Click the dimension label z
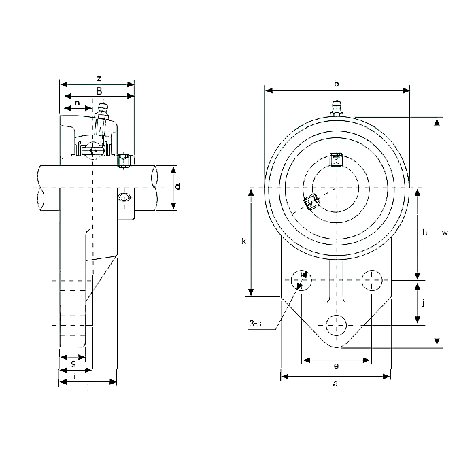point(99,78)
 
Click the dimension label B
point(99,91)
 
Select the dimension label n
point(78,103)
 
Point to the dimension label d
point(177,186)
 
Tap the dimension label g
point(73,364)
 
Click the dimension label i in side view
point(74,375)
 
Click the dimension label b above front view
point(337,83)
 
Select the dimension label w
point(445,233)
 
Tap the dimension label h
point(424,233)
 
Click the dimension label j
point(423,303)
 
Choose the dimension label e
point(337,366)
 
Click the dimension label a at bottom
point(335,384)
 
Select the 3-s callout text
point(256,325)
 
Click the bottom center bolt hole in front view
point(336,325)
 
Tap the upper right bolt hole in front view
point(372,279)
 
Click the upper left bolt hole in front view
point(300,279)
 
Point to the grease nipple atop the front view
point(336,107)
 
